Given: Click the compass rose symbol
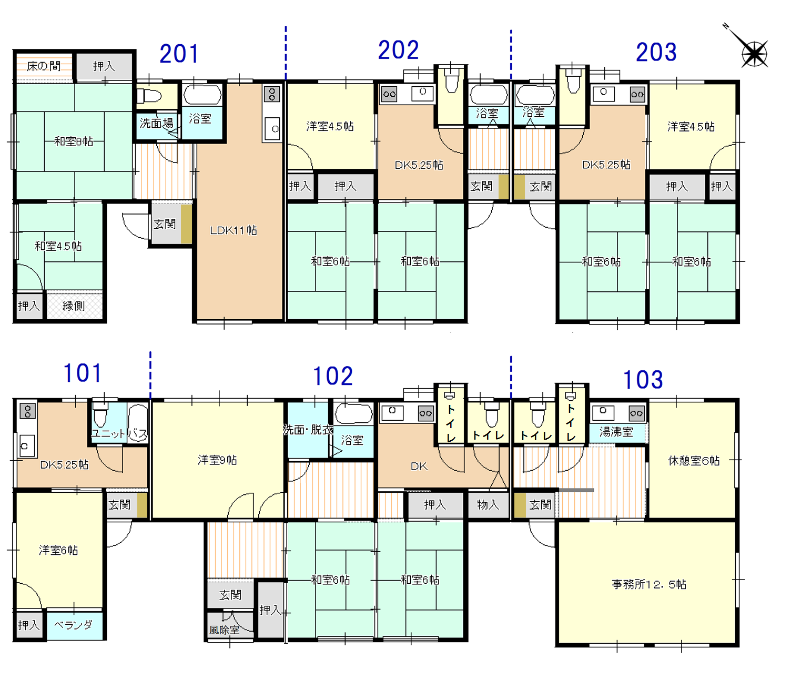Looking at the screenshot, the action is tap(754, 53).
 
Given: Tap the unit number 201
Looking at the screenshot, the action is tap(179, 54).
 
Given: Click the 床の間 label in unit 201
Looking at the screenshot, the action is tap(44, 66).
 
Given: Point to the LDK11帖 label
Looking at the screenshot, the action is tap(233, 230).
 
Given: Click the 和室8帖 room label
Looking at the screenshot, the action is tap(74, 141).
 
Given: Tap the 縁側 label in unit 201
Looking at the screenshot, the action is tap(74, 306).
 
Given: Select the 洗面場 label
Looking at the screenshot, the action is tap(156, 123).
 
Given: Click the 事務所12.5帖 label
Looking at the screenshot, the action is tap(648, 584).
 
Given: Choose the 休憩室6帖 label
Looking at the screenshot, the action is tap(694, 460).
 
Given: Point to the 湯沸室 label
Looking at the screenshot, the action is tap(616, 432).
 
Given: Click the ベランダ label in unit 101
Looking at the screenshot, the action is tap(73, 625).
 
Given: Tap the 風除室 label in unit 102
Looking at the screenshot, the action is tap(224, 630).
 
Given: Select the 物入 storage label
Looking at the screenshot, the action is tap(488, 504).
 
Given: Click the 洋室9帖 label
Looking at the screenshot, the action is tap(217, 460).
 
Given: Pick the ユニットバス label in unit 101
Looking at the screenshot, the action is tap(119, 433).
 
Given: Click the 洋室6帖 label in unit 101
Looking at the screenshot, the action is tap(58, 550).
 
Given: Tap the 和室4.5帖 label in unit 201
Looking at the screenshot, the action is tap(58, 246).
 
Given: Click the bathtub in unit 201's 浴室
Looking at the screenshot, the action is tap(202, 95).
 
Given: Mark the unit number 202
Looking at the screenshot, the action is tap(398, 50).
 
